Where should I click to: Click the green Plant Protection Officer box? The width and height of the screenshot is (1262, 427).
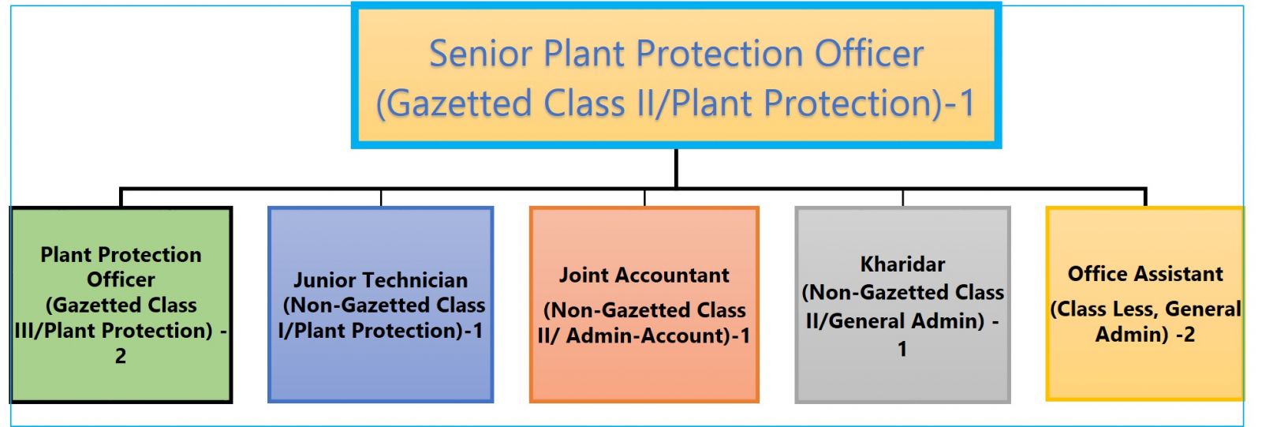pos(121,305)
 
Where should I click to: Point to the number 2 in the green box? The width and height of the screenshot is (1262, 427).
pos(121,356)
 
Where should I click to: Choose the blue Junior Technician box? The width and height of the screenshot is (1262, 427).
pos(381,305)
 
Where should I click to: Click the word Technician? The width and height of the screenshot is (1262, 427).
pos(414,279)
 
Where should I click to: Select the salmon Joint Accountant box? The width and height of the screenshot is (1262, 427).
pos(644,305)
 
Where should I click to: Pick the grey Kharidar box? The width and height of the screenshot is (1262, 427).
pos(902,305)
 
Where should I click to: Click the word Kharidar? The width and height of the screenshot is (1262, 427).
pos(902,264)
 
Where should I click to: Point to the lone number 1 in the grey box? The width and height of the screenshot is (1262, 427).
pos(902,349)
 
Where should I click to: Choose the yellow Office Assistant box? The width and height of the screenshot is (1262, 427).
pos(1144,303)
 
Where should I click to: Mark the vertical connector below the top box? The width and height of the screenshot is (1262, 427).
pos(676,169)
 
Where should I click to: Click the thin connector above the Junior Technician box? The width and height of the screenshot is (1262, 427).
pos(381,198)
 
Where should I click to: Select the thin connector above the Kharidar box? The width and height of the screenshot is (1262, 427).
pos(902,198)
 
